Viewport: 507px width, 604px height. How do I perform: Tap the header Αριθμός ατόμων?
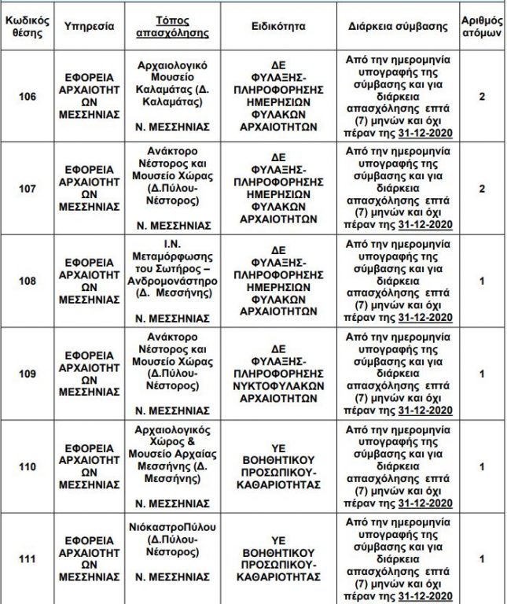tap(481, 26)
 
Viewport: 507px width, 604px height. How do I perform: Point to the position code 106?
tap(28, 97)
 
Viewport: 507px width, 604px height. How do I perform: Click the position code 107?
tap(28, 189)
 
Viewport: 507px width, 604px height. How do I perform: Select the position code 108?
tap(28, 281)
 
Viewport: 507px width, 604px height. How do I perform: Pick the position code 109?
tap(28, 374)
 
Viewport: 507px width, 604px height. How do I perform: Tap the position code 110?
tap(28, 466)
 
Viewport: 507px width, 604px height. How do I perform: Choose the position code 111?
tap(28, 558)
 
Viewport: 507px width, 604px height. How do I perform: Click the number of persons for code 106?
tap(481, 97)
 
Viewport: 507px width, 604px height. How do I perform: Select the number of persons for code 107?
tap(481, 189)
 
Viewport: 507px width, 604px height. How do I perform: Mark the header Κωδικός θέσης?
tap(28, 26)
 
